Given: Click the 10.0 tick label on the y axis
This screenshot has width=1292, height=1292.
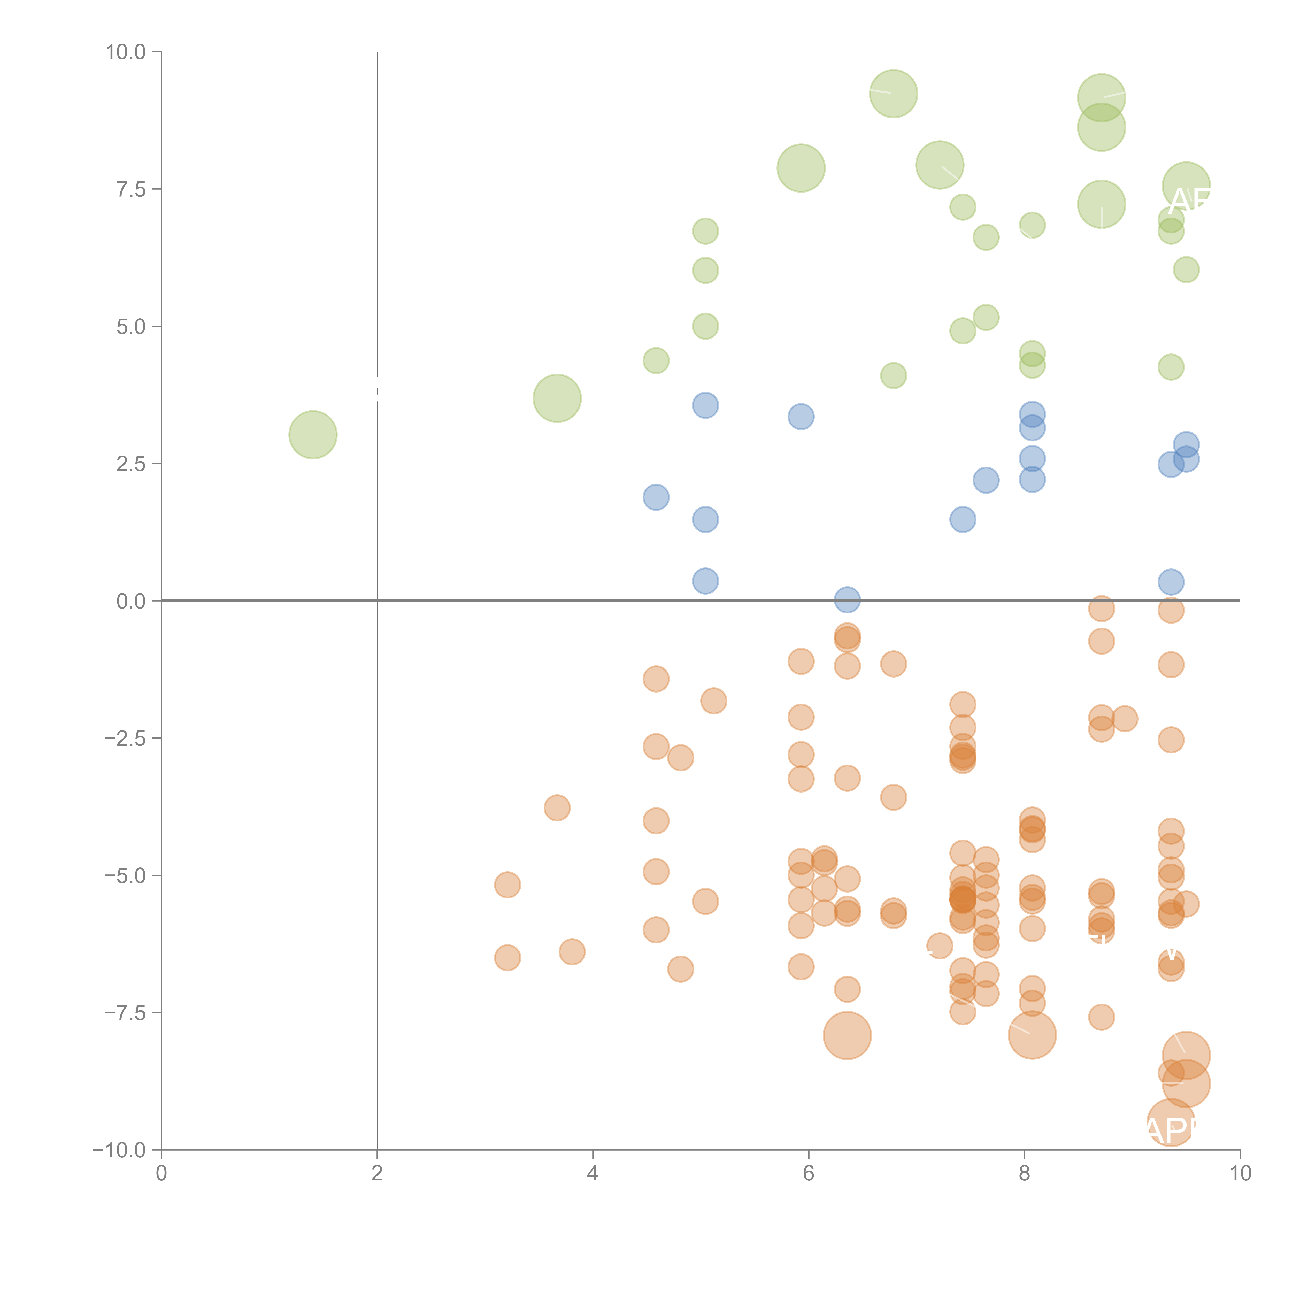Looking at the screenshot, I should tap(126, 52).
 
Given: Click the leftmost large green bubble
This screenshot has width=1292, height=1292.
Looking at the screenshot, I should tap(313, 435).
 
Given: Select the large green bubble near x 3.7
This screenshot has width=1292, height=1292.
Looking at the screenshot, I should tap(557, 398).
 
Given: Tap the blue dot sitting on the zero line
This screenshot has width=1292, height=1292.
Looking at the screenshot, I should tap(847, 600).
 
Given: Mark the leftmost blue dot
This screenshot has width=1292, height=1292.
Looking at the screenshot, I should tap(656, 497).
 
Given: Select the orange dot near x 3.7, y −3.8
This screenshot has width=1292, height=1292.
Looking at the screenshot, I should tap(557, 808).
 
